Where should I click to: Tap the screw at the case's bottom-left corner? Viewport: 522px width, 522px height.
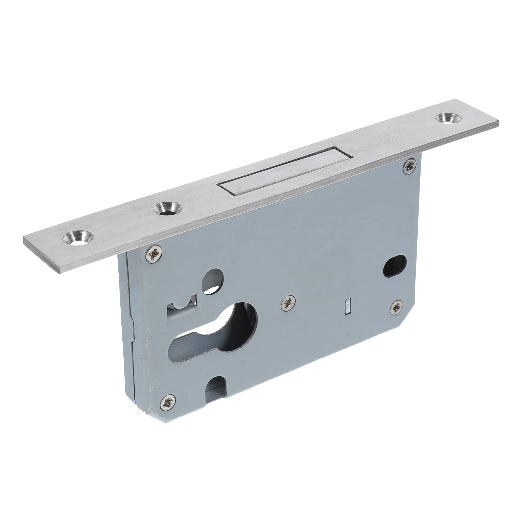[x=168, y=402]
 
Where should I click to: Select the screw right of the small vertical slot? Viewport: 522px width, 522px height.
[x=397, y=306]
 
